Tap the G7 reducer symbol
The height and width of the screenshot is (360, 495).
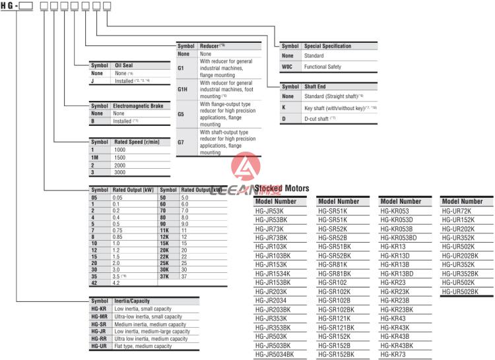click(181, 141)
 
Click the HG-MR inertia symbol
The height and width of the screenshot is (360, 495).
click(99, 316)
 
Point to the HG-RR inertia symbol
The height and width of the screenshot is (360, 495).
click(99, 339)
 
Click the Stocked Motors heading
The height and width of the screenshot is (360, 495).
click(281, 189)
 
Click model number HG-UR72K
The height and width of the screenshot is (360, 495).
click(456, 211)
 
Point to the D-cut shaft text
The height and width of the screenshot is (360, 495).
click(319, 118)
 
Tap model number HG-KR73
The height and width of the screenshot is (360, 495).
click(394, 355)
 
